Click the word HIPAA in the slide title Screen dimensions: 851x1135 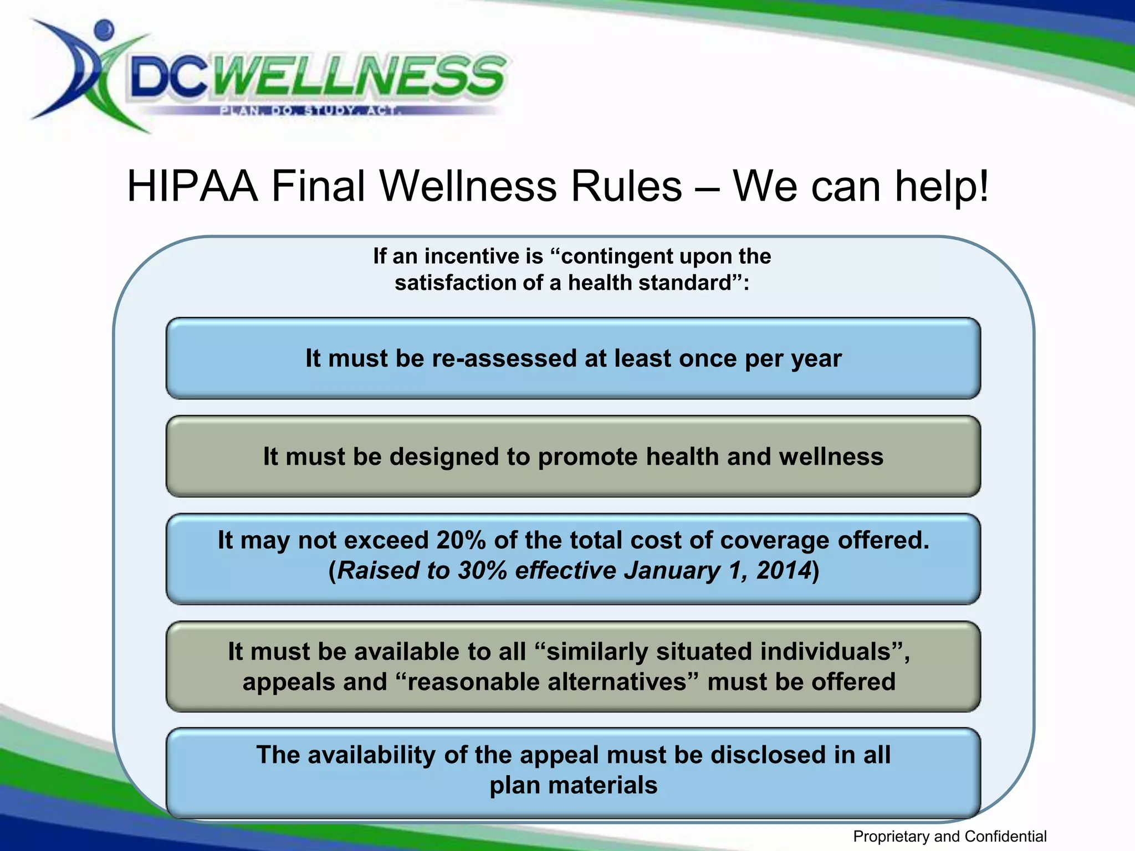(x=192, y=186)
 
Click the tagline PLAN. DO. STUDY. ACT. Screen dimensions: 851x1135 (x=310, y=110)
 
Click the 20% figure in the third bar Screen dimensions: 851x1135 (x=461, y=540)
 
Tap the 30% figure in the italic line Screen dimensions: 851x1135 (x=482, y=571)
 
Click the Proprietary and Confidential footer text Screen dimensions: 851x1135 (x=949, y=836)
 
